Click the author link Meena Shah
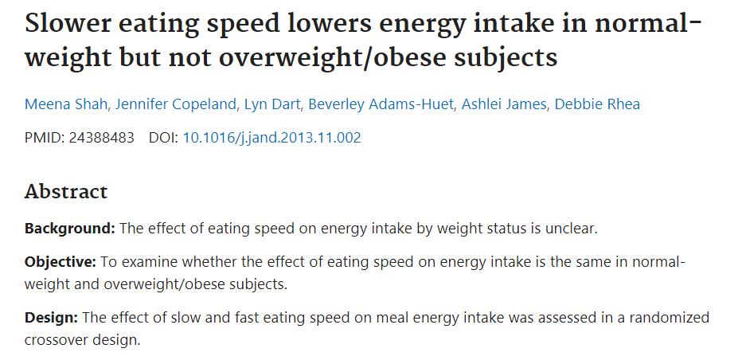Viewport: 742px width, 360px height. [x=59, y=104]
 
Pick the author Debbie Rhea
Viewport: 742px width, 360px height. [x=596, y=104]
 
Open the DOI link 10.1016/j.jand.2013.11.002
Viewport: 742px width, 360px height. [x=271, y=138]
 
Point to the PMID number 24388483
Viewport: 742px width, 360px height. [x=101, y=138]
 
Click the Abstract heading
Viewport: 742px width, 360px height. [x=66, y=192]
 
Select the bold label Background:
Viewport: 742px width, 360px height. [x=70, y=229]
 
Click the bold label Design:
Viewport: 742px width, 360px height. [x=51, y=318]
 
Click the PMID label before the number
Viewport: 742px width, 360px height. [x=43, y=138]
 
